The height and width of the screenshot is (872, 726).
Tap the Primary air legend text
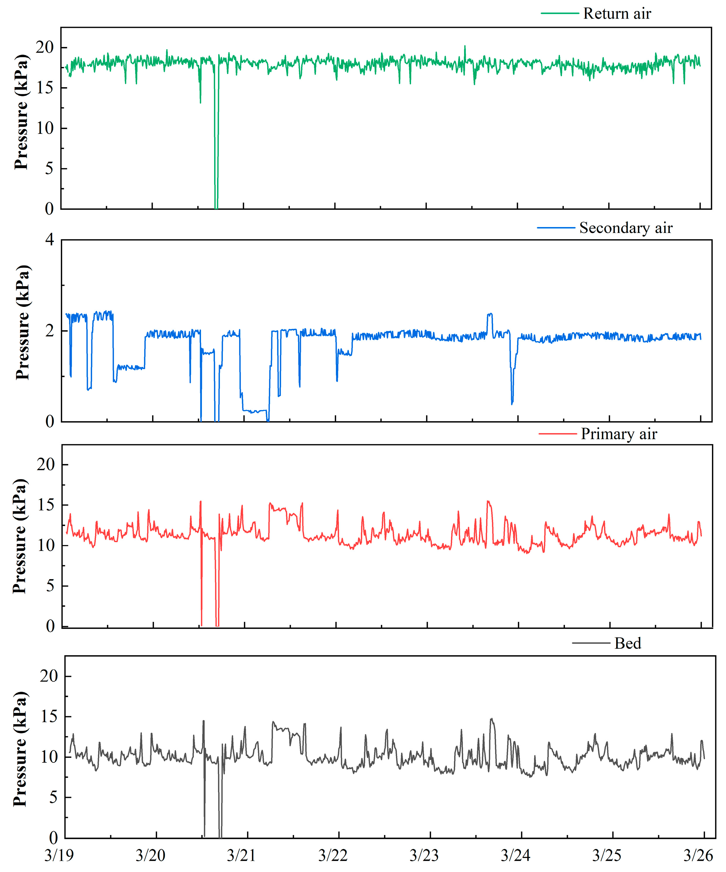coord(618,434)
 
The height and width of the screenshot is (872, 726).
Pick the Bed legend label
coord(628,644)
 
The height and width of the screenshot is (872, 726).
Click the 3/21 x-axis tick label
coord(241,855)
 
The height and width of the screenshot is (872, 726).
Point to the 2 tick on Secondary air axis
coord(50,331)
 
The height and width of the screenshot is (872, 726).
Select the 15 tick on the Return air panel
coord(45,88)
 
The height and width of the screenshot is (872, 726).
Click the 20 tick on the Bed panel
coord(49,676)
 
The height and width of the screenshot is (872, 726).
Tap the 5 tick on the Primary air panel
coord(50,586)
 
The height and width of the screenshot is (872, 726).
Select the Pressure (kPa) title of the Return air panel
coord(21,112)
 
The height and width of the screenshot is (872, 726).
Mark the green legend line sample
coord(560,14)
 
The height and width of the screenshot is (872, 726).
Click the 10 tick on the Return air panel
coord(45,128)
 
